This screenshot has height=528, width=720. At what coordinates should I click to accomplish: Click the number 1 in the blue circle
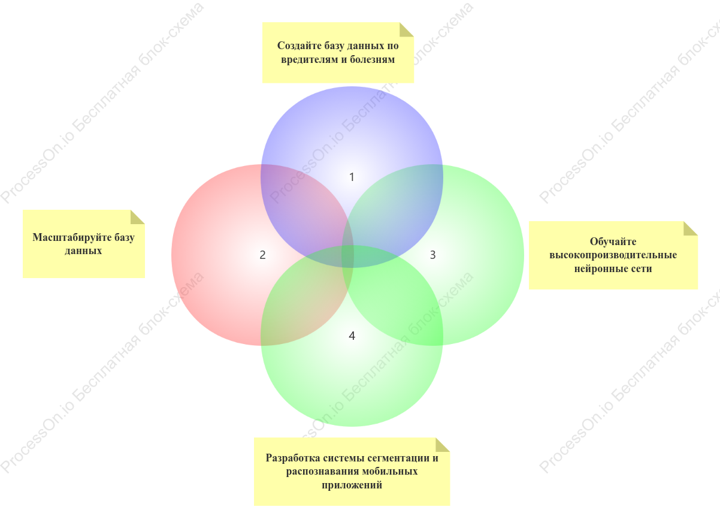pyautogui.click(x=352, y=177)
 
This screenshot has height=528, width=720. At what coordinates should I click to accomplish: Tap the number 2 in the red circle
pyautogui.click(x=262, y=255)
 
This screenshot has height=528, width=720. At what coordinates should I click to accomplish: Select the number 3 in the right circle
pyautogui.click(x=432, y=255)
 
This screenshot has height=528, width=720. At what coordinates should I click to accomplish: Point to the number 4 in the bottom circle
pyautogui.click(x=352, y=336)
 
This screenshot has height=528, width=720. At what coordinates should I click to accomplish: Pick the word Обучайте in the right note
pyautogui.click(x=613, y=241)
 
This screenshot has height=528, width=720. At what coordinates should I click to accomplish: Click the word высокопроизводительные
pyautogui.click(x=613, y=255)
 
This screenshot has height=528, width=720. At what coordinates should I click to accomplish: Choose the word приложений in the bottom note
pyautogui.click(x=352, y=485)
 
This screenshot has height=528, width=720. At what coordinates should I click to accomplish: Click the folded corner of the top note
pyautogui.click(x=406, y=29)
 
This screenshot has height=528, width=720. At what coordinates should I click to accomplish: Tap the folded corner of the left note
pyautogui.click(x=137, y=217)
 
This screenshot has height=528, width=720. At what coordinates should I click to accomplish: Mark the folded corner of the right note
pyautogui.click(x=691, y=228)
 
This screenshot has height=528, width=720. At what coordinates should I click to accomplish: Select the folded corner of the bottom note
pyautogui.click(x=443, y=445)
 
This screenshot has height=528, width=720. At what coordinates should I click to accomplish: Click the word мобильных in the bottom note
pyautogui.click(x=390, y=472)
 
